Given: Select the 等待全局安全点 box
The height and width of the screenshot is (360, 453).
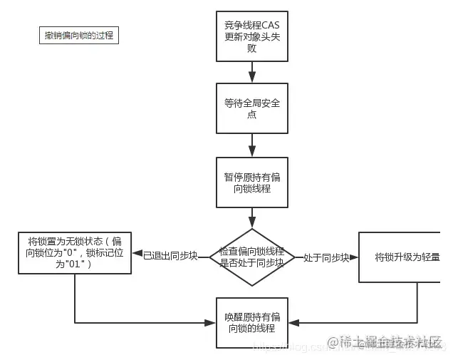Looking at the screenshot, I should coord(251,108).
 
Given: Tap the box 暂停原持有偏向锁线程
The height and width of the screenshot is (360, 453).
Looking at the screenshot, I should coord(251,182).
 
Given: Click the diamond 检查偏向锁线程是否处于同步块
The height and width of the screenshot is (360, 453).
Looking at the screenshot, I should coord(251,257).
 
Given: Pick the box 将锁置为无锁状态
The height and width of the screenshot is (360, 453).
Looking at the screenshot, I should coord(75,252).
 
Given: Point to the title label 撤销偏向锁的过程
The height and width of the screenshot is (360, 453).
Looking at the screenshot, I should coord(78,35).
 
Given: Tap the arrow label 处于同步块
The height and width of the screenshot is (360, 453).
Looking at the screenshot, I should coord(326,257).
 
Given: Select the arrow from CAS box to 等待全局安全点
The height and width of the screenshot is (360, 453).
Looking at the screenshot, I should coord(251,72).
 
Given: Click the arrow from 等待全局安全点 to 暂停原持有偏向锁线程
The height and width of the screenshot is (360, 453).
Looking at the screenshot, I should coord(251,145).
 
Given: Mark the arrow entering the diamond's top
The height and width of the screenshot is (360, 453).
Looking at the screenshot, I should coord(251,217).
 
